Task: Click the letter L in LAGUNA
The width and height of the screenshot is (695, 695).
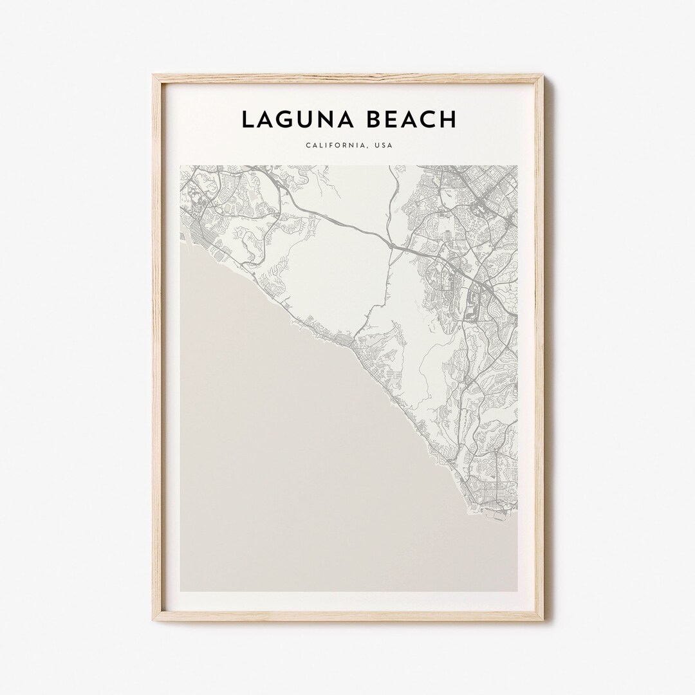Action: click(x=248, y=119)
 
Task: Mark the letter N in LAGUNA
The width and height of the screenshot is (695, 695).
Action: click(x=327, y=119)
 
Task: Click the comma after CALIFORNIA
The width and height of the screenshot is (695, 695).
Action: click(x=366, y=147)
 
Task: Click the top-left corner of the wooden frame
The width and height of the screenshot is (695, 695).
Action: click(x=154, y=76)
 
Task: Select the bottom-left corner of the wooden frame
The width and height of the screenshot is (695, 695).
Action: click(x=154, y=619)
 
